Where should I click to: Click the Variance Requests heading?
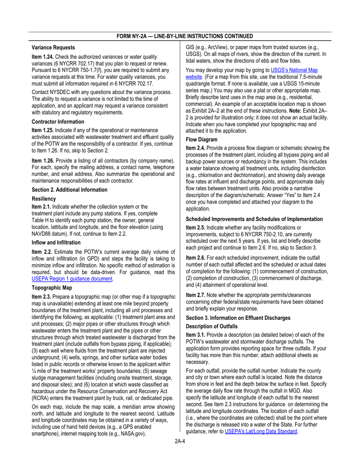click(x=53, y=48)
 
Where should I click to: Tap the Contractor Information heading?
click(x=58, y=122)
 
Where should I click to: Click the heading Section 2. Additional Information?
click(x=69, y=190)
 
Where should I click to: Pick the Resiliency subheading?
click(x=44, y=199)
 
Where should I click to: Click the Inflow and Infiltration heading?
click(x=56, y=242)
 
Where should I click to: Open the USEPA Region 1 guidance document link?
click(x=72, y=279)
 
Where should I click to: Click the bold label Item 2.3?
click(x=41, y=297)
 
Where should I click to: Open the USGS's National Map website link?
click(x=294, y=70)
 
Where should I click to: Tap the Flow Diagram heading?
click(x=202, y=139)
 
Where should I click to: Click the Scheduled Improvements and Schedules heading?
click(x=254, y=219)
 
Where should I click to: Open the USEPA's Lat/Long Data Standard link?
click(x=261, y=431)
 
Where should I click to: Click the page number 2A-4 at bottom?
click(x=180, y=441)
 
